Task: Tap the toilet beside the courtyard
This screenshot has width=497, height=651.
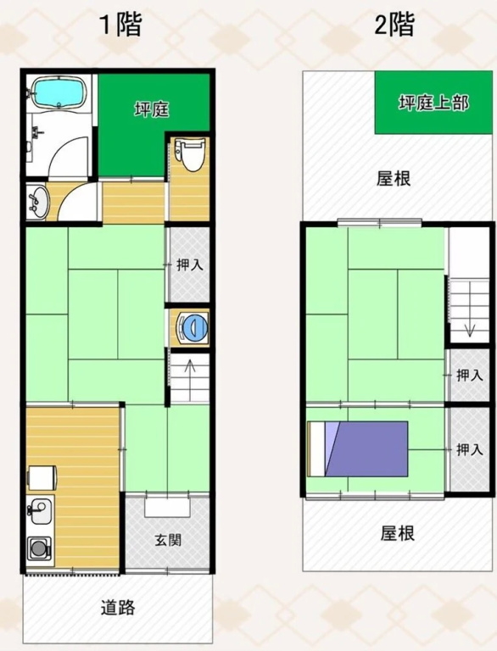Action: point(190,154)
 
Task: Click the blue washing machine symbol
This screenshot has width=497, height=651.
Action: point(193,327)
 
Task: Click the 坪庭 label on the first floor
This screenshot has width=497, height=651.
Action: point(152,109)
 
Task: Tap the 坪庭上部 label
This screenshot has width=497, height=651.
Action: point(434,103)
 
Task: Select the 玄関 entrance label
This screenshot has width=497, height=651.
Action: point(168,540)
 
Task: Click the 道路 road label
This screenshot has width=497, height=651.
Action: point(118,608)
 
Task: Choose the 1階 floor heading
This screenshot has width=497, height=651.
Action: point(121,24)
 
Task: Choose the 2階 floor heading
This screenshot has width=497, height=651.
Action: point(394,25)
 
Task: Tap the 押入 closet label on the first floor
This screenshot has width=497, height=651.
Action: point(189,264)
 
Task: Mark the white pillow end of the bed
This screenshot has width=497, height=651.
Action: point(317,448)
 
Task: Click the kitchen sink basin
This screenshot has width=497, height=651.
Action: point(40,509)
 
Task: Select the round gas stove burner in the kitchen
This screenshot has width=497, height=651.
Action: point(38,548)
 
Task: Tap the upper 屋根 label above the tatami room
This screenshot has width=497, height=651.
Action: point(394,179)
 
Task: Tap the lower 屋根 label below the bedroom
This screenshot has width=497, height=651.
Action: point(398,532)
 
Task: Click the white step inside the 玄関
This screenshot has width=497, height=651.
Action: point(168,507)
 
